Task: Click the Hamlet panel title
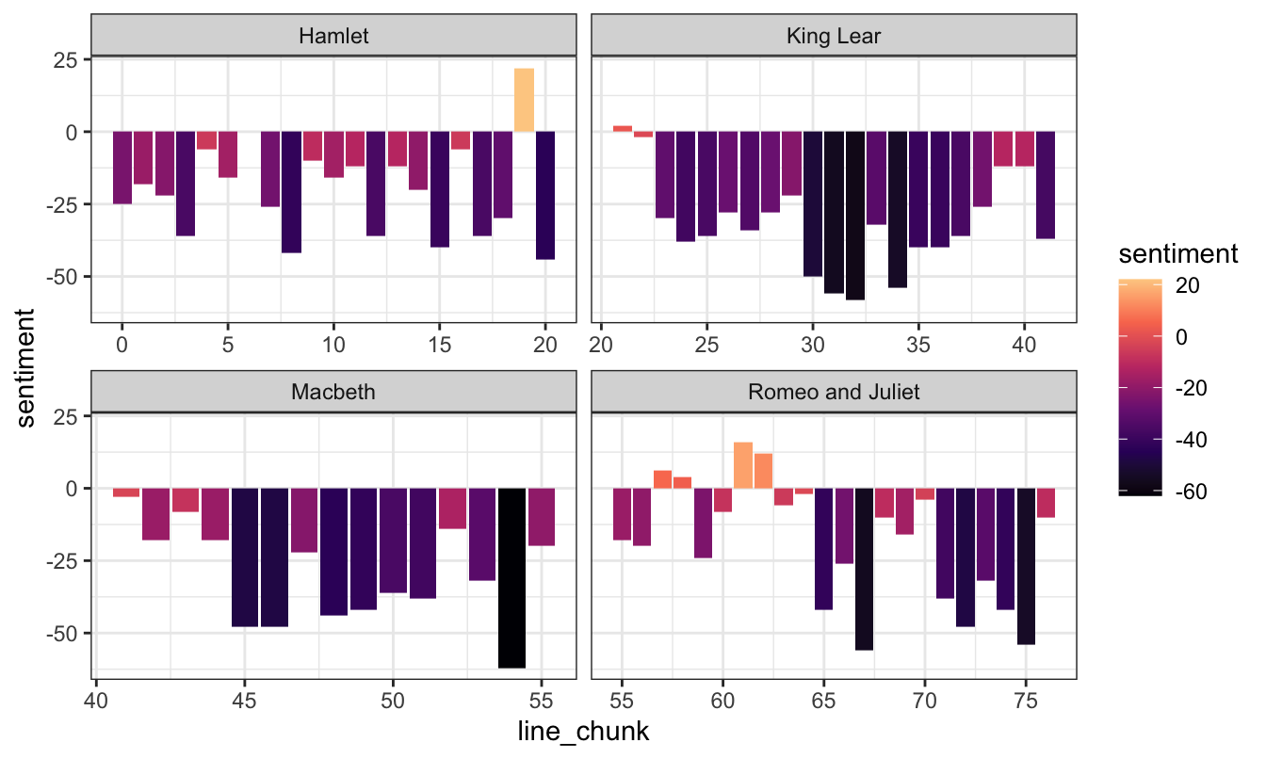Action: coord(333,37)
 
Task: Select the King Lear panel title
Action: coord(833,37)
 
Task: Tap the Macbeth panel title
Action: coord(333,392)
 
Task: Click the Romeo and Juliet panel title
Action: coord(833,392)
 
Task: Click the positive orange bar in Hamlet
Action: coord(524,100)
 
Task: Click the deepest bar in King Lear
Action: coord(854,216)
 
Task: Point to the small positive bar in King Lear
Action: coord(623,128)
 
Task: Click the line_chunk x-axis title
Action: coord(583,732)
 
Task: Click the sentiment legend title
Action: coord(1177,254)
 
